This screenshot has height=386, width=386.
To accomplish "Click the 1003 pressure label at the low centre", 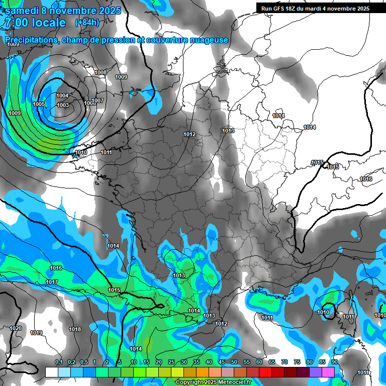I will pos(63,105).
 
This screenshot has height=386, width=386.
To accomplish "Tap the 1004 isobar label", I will pos(62,95).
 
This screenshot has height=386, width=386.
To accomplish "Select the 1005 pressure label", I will pos(39,104).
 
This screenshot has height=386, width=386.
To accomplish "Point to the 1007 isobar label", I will pos(98,101).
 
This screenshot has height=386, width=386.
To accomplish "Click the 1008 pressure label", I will pos(101,72).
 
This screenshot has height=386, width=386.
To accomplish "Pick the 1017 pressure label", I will pos(52,282).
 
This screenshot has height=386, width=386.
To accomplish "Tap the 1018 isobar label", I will pos(75,329).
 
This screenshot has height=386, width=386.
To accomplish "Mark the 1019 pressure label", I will pos(36,333).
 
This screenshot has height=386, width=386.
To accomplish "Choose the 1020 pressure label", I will pos(16,328).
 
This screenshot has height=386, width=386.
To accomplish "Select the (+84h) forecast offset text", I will pos(87,23).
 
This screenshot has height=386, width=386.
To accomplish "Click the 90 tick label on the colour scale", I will pos(334,362).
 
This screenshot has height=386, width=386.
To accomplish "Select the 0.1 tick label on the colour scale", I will pos(59,362).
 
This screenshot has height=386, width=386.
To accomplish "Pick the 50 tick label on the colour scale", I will pos(234,362).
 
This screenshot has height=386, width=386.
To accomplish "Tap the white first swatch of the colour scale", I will pos(51,372).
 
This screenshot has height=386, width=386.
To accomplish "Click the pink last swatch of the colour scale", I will pos(328,372).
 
